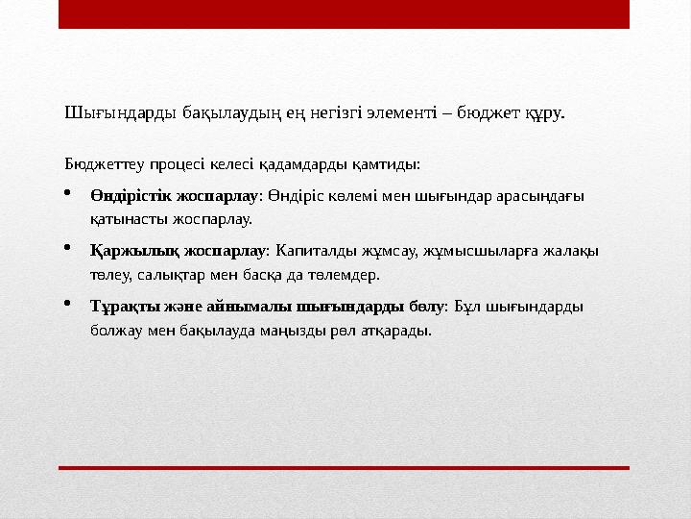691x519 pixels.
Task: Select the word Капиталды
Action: (x=313, y=251)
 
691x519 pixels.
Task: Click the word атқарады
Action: (x=397, y=330)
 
